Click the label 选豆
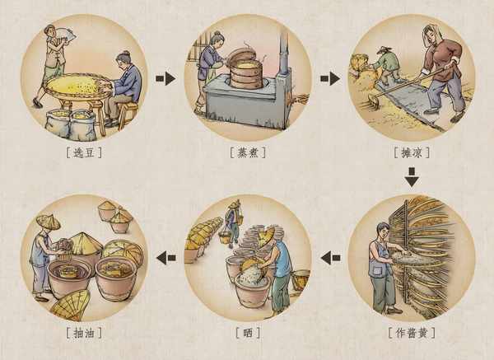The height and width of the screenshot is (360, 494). pyautogui.click(x=84, y=153)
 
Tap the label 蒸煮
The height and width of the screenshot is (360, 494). pyautogui.click(x=248, y=153)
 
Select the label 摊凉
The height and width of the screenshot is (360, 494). pyautogui.click(x=412, y=153)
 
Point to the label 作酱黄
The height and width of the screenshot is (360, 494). pyautogui.click(x=412, y=333)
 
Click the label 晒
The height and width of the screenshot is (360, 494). pyautogui.click(x=248, y=333)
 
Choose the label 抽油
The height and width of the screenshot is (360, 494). pyautogui.click(x=84, y=333)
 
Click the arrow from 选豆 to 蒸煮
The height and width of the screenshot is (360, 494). pyautogui.click(x=165, y=78)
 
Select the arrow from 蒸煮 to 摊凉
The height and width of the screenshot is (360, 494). pyautogui.click(x=330, y=78)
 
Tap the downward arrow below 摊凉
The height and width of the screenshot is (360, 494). pyautogui.click(x=412, y=177)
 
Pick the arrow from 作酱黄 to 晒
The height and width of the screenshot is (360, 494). pyautogui.click(x=330, y=258)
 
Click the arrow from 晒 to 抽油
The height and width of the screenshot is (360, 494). pyautogui.click(x=166, y=258)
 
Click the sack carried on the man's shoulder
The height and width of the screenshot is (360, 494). pyautogui.click(x=64, y=34)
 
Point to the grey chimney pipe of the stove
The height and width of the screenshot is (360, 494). pyautogui.click(x=283, y=54)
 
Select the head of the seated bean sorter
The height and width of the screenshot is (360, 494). pyautogui.click(x=123, y=59)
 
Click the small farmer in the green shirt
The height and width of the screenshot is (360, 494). pyautogui.click(x=386, y=65)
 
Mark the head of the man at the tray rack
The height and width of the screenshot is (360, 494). pyautogui.click(x=384, y=231)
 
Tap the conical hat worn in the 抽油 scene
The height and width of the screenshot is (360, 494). pyautogui.click(x=48, y=221)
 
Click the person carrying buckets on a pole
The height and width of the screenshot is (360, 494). pyautogui.click(x=232, y=223)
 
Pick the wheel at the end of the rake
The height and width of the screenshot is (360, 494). pyautogui.click(x=374, y=101)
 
